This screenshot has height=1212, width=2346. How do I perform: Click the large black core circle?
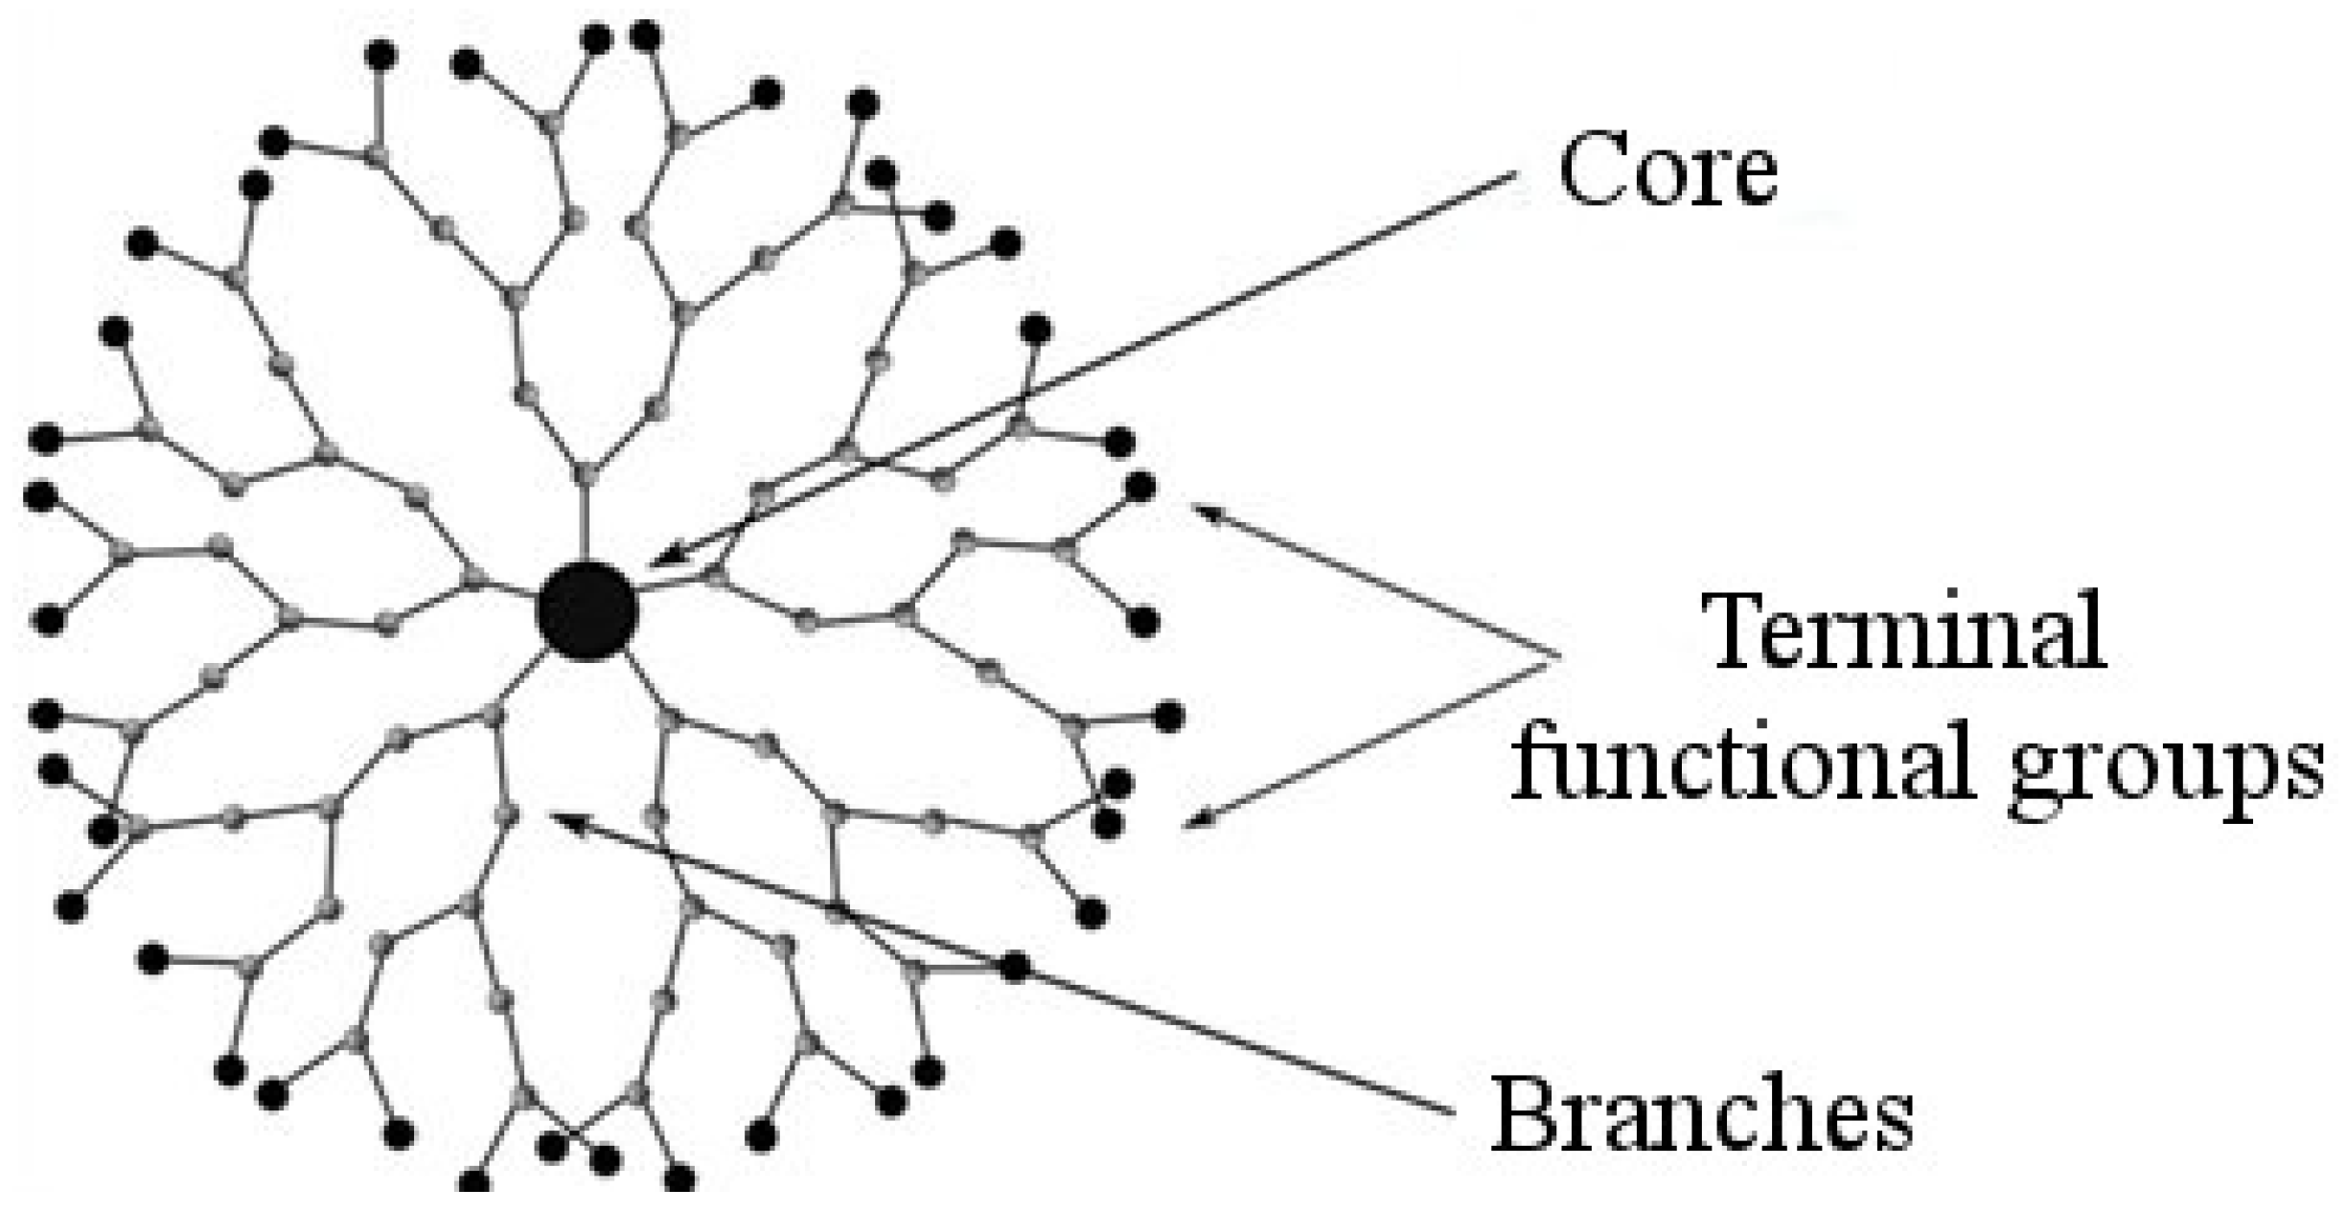(x=586, y=610)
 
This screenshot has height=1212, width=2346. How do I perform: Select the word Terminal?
(x=1907, y=631)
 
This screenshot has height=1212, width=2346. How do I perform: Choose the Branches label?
(x=1702, y=1113)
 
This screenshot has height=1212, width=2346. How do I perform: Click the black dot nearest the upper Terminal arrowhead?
(x=1139, y=487)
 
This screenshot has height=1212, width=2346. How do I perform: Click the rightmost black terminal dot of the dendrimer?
(x=1169, y=717)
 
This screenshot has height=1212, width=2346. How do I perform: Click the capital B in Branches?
(x=1524, y=1113)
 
